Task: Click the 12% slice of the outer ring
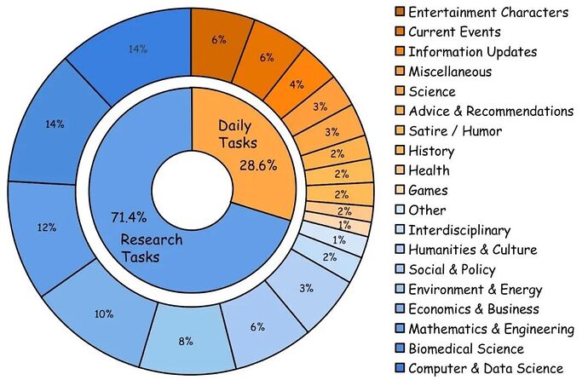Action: pos(47,227)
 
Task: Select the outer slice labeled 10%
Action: pos(105,313)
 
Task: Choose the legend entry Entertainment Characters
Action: pos(487,12)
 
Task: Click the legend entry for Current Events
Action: pos(454,32)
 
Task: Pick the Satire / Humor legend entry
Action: pos(455,131)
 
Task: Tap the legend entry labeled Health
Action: pos(428,170)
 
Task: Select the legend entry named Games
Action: pos(428,191)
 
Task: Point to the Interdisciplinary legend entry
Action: pos(459,230)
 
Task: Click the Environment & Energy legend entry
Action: pos(475,290)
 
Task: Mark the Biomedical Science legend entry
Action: pos(464,348)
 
